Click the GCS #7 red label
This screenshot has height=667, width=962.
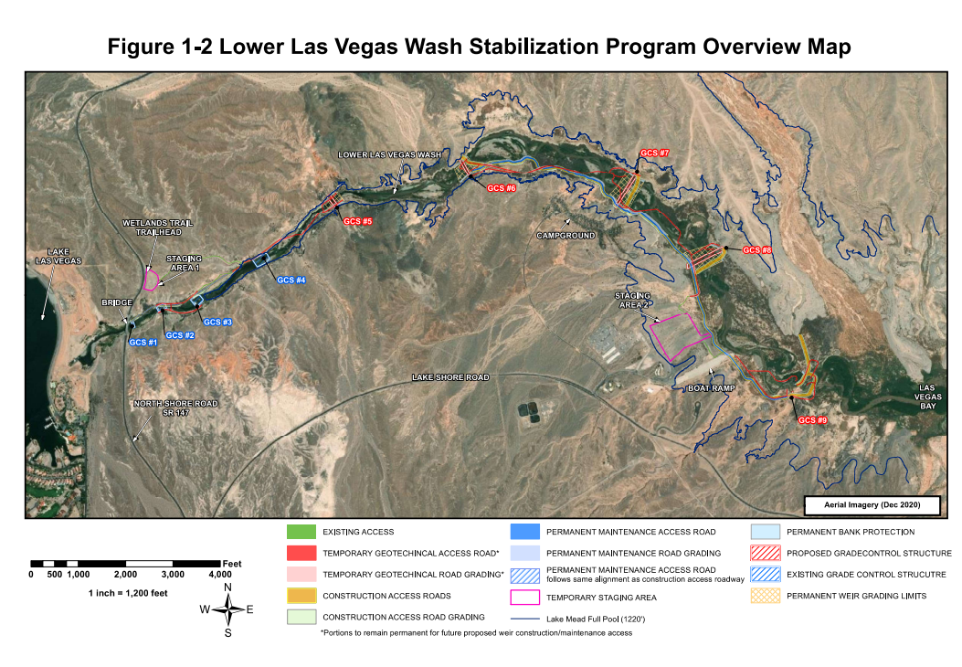[655, 153]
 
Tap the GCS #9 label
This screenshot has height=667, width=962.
[812, 420]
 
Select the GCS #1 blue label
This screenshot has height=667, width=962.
[143, 343]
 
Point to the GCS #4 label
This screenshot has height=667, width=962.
[291, 280]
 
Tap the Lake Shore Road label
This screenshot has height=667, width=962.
[450, 377]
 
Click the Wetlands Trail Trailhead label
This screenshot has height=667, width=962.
[152, 228]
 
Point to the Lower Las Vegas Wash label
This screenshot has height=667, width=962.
[389, 155]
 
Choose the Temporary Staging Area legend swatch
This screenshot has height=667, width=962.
[524, 597]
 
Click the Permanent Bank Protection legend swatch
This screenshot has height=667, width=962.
[764, 531]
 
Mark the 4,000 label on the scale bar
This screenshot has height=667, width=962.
[220, 575]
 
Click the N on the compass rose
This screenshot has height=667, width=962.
[227, 588]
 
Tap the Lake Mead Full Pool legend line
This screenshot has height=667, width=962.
[524, 619]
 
